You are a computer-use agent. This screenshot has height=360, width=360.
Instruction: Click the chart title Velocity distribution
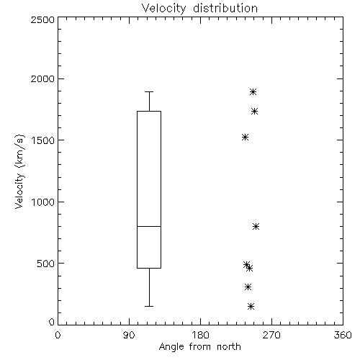coord(199,8)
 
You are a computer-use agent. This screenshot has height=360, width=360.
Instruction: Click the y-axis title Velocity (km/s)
coord(19,171)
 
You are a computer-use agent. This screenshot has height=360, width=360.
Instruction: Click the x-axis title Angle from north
coord(199,347)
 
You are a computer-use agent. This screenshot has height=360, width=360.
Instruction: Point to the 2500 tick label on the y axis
coord(42,19)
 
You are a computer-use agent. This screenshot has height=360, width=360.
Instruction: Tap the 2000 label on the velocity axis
coord(42,78)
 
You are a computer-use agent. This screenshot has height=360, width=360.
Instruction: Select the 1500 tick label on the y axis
coord(43,140)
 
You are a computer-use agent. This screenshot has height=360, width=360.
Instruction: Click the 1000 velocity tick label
coord(43,202)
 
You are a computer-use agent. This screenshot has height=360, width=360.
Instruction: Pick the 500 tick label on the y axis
coord(46,264)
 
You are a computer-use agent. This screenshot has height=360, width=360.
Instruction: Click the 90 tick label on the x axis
coord(129,335)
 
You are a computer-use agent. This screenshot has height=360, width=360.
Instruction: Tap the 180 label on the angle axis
coord(200,335)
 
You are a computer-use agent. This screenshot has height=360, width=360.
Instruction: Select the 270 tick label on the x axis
coord(271,335)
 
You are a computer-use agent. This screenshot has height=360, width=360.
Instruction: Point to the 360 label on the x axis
coord(343,335)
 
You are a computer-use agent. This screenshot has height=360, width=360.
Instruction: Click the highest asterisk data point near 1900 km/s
coord(253,91)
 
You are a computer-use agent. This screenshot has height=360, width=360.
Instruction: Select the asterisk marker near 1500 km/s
coord(245,138)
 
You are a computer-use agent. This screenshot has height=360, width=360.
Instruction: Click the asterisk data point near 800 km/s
coord(256,226)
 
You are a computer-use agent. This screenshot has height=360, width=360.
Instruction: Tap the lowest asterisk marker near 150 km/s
coord(251,306)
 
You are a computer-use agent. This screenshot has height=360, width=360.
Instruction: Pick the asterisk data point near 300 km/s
coord(248,287)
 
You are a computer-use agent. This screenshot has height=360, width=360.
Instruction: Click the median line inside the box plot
coord(149,226)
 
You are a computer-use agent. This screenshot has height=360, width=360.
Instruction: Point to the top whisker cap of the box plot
coord(149,91)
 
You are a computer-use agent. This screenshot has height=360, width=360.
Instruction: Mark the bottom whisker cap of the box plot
coord(149,306)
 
